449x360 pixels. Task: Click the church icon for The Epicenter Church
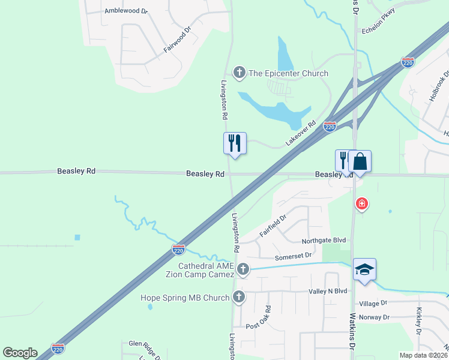pyautogui.click(x=240, y=73)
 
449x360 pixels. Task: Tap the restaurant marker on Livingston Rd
pyautogui.click(x=235, y=143)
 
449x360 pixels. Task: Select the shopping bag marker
pyautogui.click(x=360, y=161)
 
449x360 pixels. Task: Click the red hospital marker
pyautogui.click(x=361, y=205)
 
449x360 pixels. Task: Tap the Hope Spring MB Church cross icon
pyautogui.click(x=239, y=297)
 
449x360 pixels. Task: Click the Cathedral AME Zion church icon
pyautogui.click(x=243, y=269)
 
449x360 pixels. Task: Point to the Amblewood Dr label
pyautogui.click(x=125, y=11)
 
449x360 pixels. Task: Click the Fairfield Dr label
pyautogui.click(x=273, y=226)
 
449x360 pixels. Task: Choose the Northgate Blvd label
pyautogui.click(x=324, y=240)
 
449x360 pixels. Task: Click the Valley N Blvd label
pyautogui.click(x=328, y=291)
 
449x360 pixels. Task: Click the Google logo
pyautogui.click(x=20, y=352)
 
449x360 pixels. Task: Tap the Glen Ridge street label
pyautogui.click(x=143, y=344)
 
